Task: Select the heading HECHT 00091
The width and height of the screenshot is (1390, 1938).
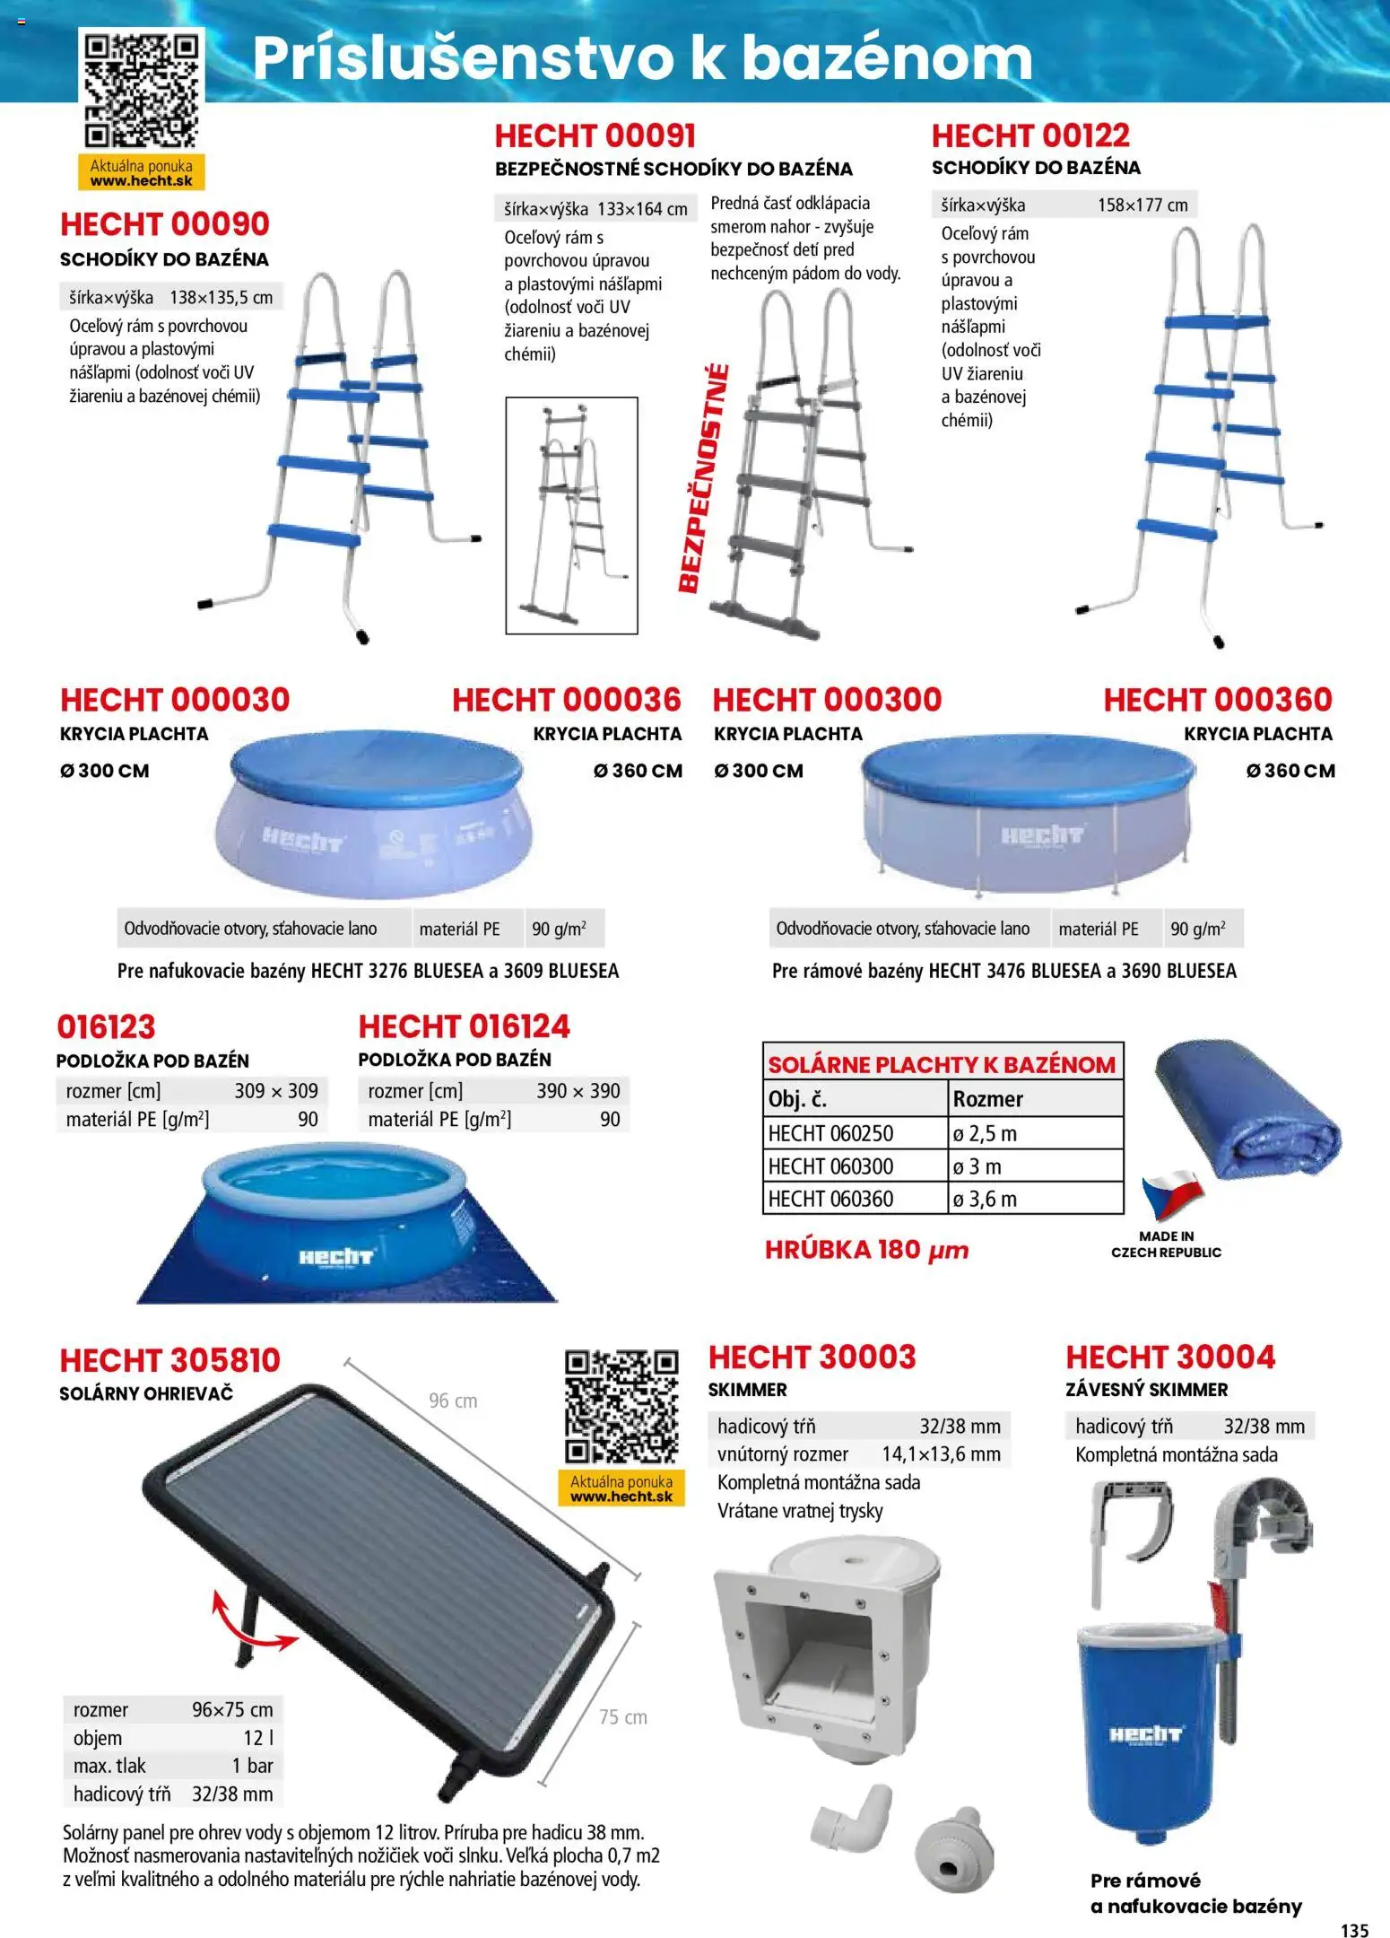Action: [x=595, y=136]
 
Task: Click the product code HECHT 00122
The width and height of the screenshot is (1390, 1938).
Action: [x=1030, y=135]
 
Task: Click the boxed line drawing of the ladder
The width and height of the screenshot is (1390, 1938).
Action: [x=571, y=516]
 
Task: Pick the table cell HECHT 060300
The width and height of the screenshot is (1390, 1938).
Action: [x=830, y=1165]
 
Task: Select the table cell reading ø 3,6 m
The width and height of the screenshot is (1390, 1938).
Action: [x=985, y=1199]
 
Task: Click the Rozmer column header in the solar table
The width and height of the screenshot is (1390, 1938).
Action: [x=987, y=1098]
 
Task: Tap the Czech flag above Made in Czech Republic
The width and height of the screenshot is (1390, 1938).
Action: [x=1171, y=1194]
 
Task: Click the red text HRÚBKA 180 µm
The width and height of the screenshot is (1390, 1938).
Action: [x=866, y=1250]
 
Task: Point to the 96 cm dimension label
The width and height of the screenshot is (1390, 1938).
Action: [x=453, y=1401]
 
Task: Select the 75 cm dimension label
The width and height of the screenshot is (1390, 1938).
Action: [x=622, y=1717]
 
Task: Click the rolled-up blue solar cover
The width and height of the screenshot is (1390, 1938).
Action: [x=1247, y=1116]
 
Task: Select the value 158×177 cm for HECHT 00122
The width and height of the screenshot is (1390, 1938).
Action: [x=1142, y=205]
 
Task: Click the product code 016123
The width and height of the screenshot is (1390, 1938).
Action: [x=106, y=1026]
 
